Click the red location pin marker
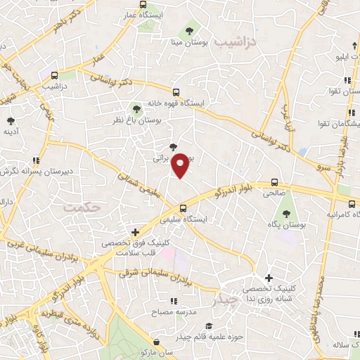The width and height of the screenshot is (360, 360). coord(181,165)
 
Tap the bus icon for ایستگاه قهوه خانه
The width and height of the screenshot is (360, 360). coord(176,91)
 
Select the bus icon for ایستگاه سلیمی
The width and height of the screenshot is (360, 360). coord(183,208)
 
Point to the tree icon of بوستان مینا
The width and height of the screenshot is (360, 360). coord(189,30)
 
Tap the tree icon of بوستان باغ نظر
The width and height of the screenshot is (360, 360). coord(136,109)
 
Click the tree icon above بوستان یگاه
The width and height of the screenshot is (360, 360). coord(285,213)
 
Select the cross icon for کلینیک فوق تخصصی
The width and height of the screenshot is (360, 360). coord(136,232)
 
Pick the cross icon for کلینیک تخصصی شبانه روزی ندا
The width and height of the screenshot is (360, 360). coord(268,278)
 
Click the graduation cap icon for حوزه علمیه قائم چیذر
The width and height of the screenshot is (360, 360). coord(208,326)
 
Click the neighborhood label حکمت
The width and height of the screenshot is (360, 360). coord(82,208)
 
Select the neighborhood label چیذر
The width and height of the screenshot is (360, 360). coord(225,300)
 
